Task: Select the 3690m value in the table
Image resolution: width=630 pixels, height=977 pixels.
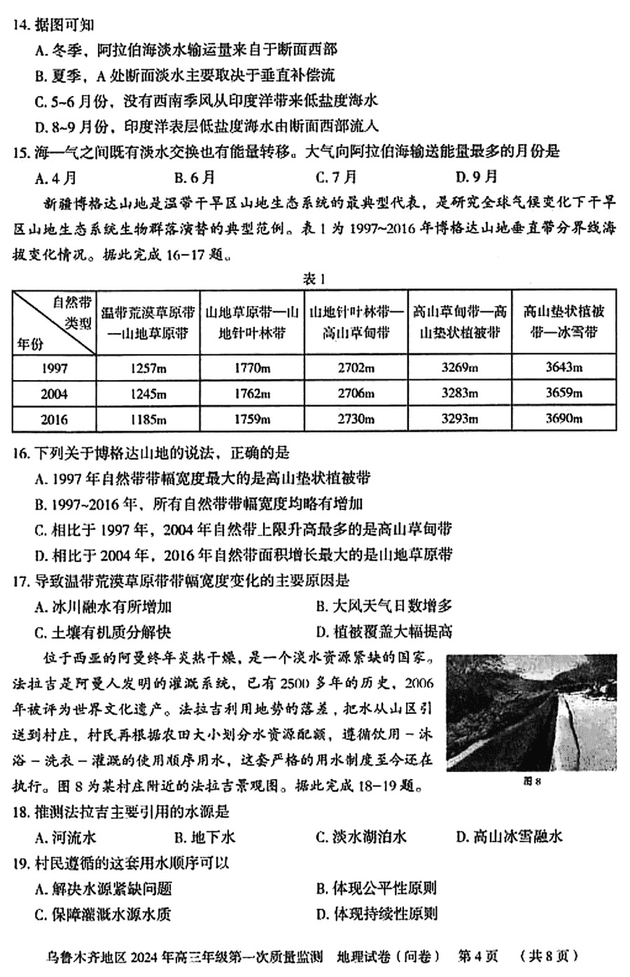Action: [x=563, y=419]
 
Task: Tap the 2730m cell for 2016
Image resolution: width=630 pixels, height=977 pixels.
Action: [x=356, y=419]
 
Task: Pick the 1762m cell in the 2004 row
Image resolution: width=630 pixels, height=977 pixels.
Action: [x=251, y=393]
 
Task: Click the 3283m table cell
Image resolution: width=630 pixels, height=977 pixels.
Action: [x=459, y=393]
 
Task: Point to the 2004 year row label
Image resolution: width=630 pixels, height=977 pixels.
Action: [x=54, y=394]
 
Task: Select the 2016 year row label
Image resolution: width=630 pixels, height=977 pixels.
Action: [x=54, y=419]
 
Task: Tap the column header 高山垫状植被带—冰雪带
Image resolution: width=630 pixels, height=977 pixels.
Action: [x=563, y=322]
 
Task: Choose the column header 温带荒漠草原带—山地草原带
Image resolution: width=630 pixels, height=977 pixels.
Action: [x=148, y=322]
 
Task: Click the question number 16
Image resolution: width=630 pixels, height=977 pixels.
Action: [x=20, y=454]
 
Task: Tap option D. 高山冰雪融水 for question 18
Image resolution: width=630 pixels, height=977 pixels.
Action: [x=509, y=837]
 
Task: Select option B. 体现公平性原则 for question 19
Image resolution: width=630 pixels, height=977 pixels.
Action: [x=376, y=889]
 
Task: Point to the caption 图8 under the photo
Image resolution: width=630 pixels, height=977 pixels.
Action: [x=533, y=782]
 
